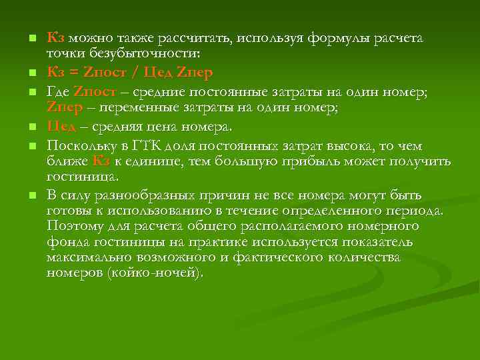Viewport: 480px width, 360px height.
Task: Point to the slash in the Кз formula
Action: (135, 71)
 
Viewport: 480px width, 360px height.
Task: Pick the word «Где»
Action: (59, 91)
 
